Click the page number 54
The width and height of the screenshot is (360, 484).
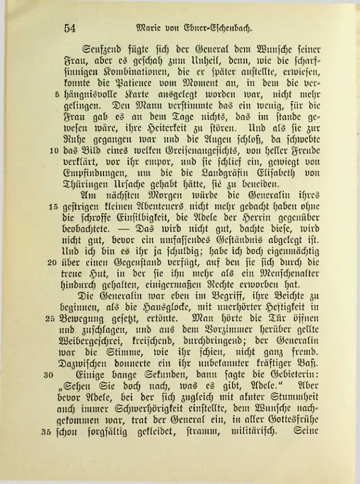(x=69, y=29)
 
